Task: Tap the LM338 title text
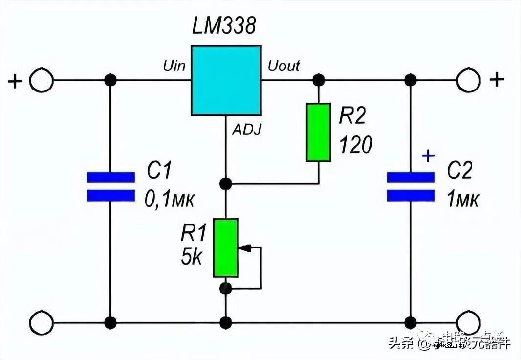[223, 26]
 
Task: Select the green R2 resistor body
[319, 132]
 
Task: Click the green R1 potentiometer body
[225, 247]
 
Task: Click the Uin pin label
[174, 66]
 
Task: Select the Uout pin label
[283, 66]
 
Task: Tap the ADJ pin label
[246, 130]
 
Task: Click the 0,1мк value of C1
[169, 199]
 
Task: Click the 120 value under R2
[355, 145]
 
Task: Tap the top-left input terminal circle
[41, 80]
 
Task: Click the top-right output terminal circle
[469, 80]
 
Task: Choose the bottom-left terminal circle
[41, 323]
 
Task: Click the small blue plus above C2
[428, 156]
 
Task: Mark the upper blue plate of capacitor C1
[110, 178]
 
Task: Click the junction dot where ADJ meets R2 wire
[225, 184]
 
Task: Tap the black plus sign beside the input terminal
[15, 81]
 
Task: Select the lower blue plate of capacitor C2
[411, 196]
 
